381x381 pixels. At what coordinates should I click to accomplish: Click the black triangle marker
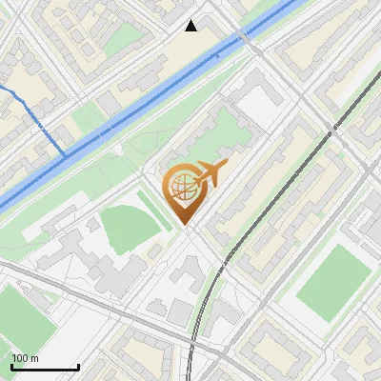(x=191, y=26)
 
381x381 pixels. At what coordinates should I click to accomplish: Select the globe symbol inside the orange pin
(x=182, y=190)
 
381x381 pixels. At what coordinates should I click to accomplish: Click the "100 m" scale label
(x=25, y=358)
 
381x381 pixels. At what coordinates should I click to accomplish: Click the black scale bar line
(x=45, y=367)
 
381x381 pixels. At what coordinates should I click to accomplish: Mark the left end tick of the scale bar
(x=11, y=365)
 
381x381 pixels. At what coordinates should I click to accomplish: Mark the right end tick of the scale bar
(x=78, y=365)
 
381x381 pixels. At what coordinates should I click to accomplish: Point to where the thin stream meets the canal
(x=66, y=151)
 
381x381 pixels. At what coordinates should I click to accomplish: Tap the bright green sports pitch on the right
(x=332, y=283)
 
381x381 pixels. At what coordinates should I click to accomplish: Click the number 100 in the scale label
(x=20, y=358)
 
